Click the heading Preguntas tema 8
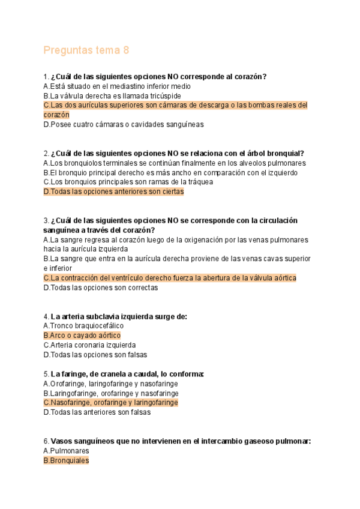pos(86,50)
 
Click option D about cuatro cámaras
pos(123,124)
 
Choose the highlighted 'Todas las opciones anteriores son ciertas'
pos(113,191)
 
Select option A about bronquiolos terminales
pos(175,163)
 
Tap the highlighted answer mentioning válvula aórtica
pos(170,278)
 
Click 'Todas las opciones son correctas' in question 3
pos(100,288)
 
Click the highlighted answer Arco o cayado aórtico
pos(82,336)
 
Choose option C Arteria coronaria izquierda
pos(89,345)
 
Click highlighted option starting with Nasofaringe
pos(110,403)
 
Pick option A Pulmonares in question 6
pos(66,451)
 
